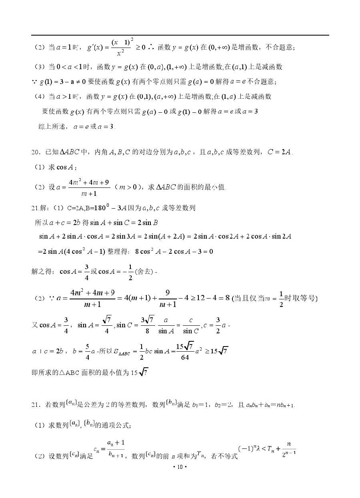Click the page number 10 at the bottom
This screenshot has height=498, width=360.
pos(180,467)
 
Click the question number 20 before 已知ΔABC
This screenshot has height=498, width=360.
pos(36,152)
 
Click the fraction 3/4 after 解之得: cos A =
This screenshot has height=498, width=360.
pos(86,272)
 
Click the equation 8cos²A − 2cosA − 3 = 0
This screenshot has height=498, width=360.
pos(174,251)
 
